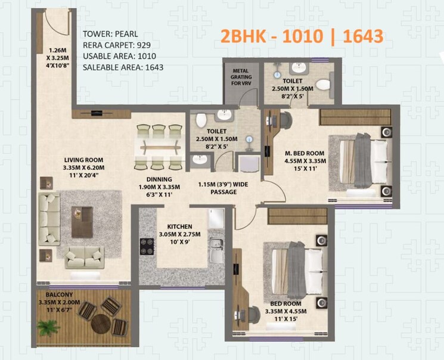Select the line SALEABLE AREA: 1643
[x=123, y=67]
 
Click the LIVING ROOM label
[x=84, y=160]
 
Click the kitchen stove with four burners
[x=147, y=246]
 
